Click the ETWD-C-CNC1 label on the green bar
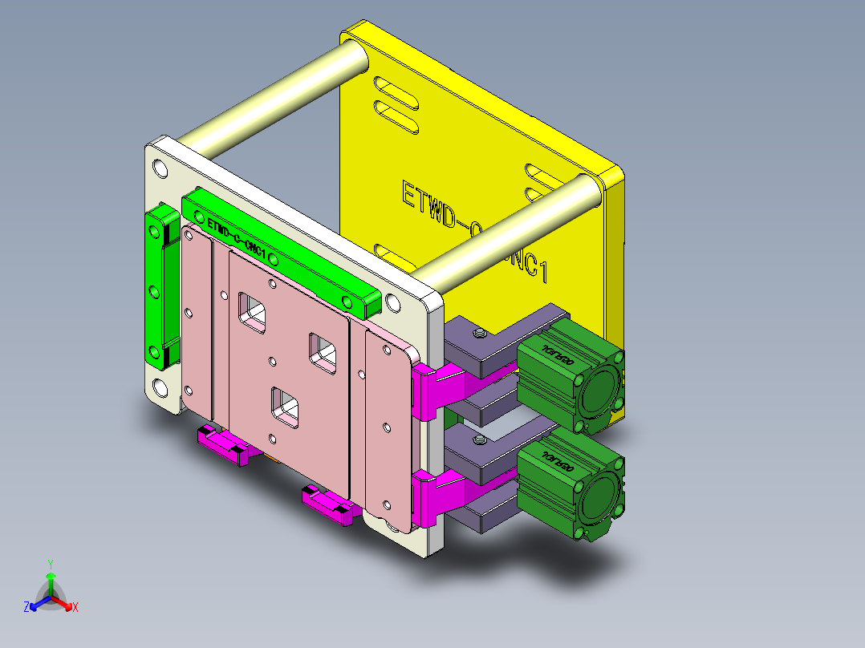tap(236, 237)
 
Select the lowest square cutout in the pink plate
tap(285, 403)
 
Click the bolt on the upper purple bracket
tap(480, 333)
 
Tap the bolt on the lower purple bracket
tap(480, 440)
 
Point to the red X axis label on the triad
tap(75, 608)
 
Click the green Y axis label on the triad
tap(50, 563)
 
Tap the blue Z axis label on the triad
tap(26, 608)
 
